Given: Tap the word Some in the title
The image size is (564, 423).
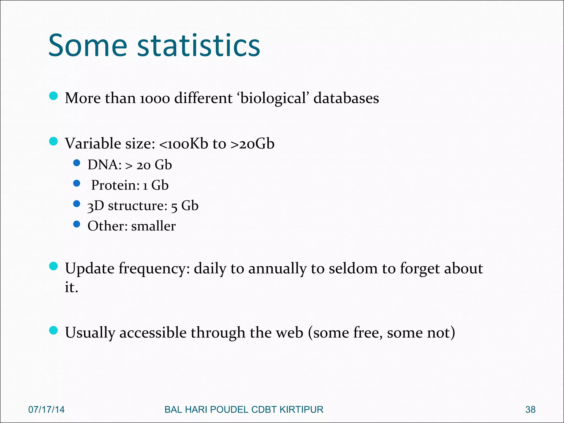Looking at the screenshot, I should tap(88, 45).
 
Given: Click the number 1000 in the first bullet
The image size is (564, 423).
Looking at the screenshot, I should tap(155, 99).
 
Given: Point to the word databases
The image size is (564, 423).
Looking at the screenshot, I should tap(346, 98).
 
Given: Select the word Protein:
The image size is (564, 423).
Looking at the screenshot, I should tap(115, 185).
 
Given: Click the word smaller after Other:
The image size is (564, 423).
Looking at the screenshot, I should tap(153, 226).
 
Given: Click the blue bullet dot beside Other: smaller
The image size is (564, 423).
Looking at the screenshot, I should tap(77, 224).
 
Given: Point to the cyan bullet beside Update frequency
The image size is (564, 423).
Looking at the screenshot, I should tap(53, 266).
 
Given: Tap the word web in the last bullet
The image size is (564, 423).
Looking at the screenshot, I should tap(289, 333).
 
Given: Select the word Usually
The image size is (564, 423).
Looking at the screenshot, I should tap(90, 333).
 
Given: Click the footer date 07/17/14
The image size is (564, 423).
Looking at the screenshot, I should tap(46, 410).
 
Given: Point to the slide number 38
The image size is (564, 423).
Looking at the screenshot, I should tap(530, 410).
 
